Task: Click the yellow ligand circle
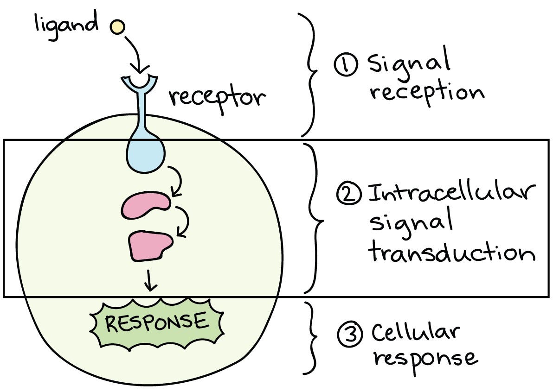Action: tap(117, 27)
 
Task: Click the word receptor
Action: tap(217, 98)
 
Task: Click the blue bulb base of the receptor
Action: tap(146, 155)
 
